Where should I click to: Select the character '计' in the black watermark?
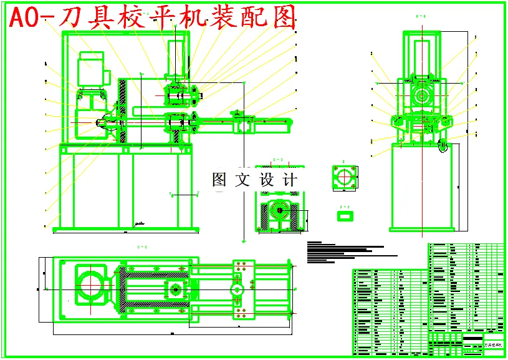[290, 180]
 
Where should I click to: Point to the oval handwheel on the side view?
[444, 145]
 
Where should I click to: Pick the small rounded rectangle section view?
[344, 215]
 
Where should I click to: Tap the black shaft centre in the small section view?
[280, 211]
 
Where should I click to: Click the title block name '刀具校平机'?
[494, 344]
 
